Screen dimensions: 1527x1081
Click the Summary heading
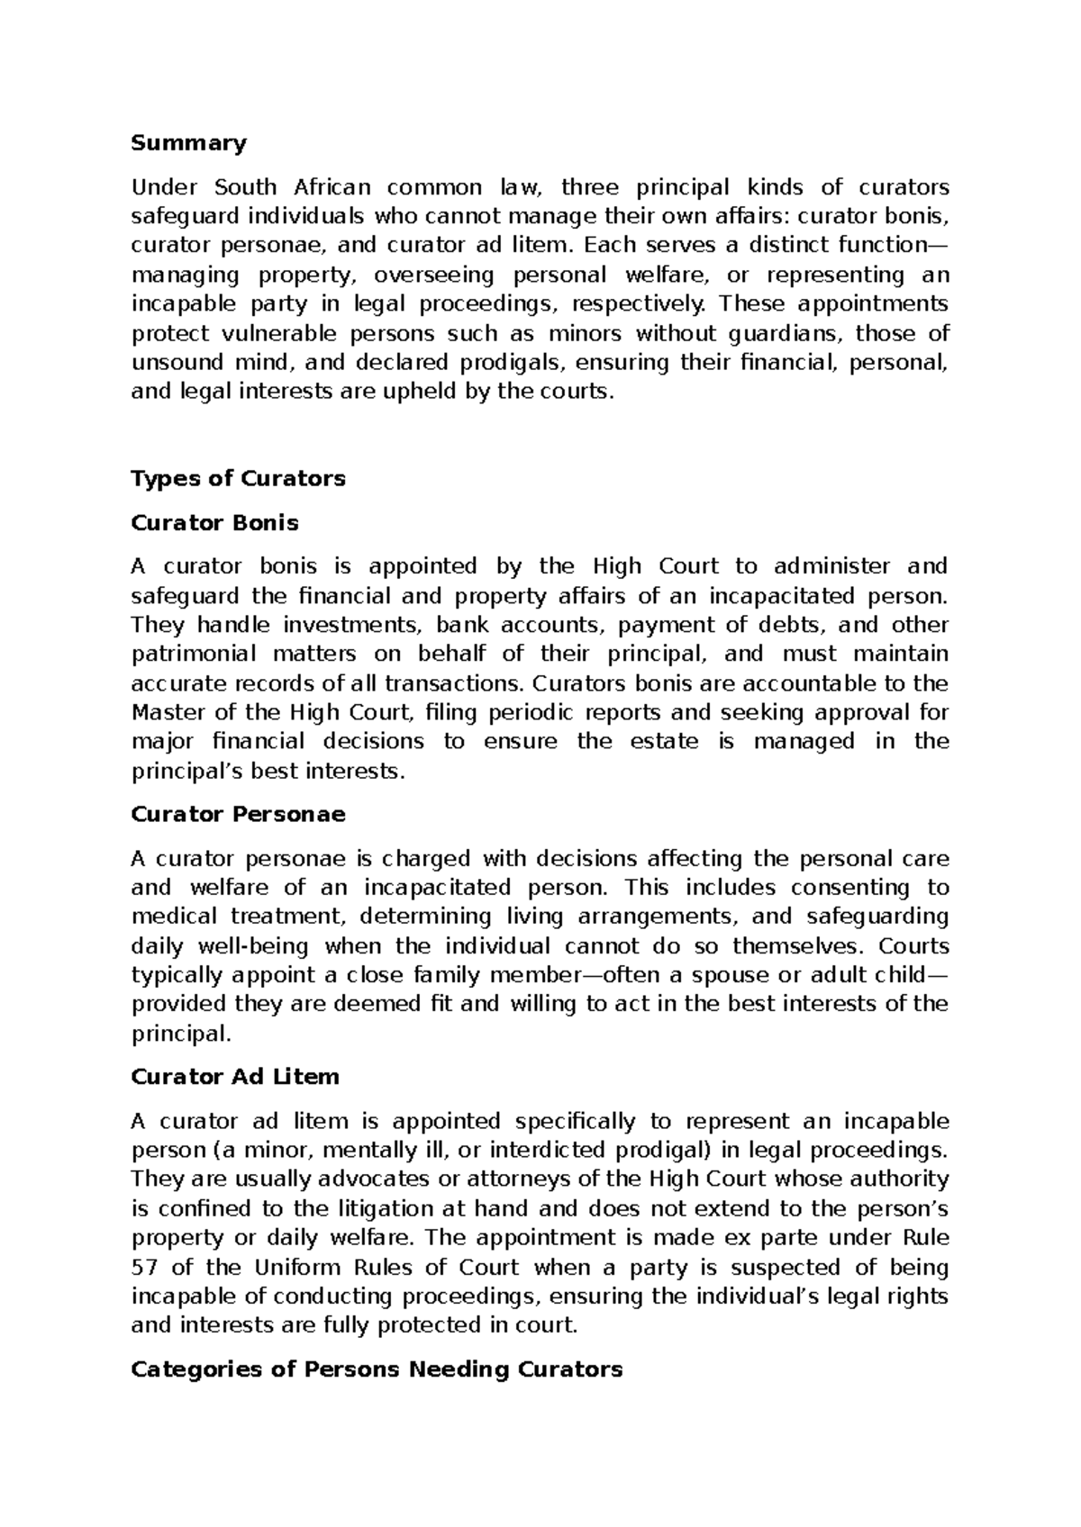click(x=188, y=143)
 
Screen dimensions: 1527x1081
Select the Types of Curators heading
click(x=238, y=478)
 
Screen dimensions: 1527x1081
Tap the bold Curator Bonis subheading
click(x=214, y=522)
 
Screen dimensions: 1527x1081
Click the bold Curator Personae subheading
click(x=238, y=814)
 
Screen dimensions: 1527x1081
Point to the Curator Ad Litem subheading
click(x=234, y=1077)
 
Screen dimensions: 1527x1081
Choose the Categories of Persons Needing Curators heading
click(x=377, y=1369)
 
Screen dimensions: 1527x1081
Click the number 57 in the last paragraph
click(x=144, y=1268)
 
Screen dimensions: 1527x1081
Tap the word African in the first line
click(x=332, y=187)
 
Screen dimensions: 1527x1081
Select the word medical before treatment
click(x=174, y=917)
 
